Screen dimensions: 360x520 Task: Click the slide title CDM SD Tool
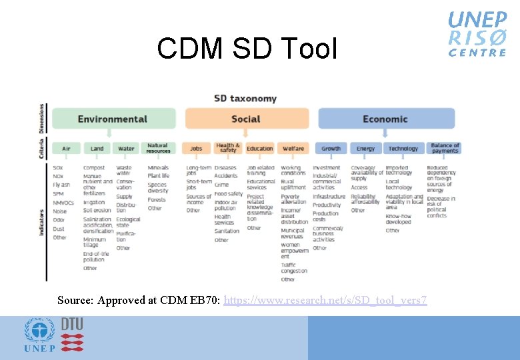[247, 49]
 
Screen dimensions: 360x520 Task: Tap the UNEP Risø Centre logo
[477, 33]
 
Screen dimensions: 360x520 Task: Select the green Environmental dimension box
[113, 119]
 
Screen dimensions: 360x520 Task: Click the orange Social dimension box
[246, 119]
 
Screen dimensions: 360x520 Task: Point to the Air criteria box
[66, 148]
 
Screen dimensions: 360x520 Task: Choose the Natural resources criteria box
[158, 148]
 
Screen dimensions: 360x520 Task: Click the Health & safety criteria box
[228, 148]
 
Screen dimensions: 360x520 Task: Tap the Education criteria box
[260, 148]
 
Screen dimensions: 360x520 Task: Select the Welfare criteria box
[293, 148]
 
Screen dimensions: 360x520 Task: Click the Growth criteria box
[331, 148]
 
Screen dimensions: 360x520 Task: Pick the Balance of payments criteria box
[445, 148]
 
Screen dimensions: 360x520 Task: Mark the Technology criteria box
[403, 148]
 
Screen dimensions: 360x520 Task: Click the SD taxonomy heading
[245, 99]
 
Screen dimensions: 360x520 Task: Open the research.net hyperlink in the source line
[325, 301]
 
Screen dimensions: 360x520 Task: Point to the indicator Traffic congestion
[293, 268]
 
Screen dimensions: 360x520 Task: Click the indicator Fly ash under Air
[61, 184]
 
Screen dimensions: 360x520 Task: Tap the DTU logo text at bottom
[72, 324]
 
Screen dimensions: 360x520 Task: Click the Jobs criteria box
[196, 148]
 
